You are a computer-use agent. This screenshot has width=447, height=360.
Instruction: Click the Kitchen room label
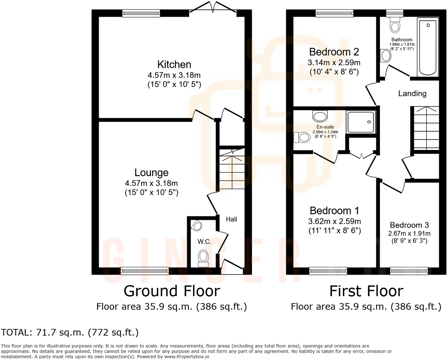(174, 65)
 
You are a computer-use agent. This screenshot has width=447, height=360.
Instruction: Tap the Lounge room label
(151, 173)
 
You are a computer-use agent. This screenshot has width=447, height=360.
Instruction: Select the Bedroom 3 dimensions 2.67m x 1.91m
(409, 233)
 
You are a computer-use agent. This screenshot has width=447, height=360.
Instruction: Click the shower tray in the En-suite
(361, 122)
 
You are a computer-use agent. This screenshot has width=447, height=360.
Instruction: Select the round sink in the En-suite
(320, 115)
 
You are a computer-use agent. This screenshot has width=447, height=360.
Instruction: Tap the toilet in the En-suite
(302, 137)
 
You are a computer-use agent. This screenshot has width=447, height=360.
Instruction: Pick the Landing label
(412, 93)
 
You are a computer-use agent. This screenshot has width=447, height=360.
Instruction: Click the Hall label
(231, 219)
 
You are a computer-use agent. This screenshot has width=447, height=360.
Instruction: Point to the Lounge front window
(145, 271)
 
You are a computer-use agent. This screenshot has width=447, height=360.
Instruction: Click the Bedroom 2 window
(334, 13)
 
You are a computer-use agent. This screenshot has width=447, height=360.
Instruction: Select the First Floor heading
(366, 291)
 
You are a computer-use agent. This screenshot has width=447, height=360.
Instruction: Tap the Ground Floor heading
(172, 291)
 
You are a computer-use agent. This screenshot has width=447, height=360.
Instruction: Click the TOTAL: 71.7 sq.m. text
(70, 332)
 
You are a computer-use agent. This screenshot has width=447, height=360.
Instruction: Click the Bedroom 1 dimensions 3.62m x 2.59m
(334, 222)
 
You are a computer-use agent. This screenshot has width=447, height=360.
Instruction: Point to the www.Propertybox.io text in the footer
(187, 357)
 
